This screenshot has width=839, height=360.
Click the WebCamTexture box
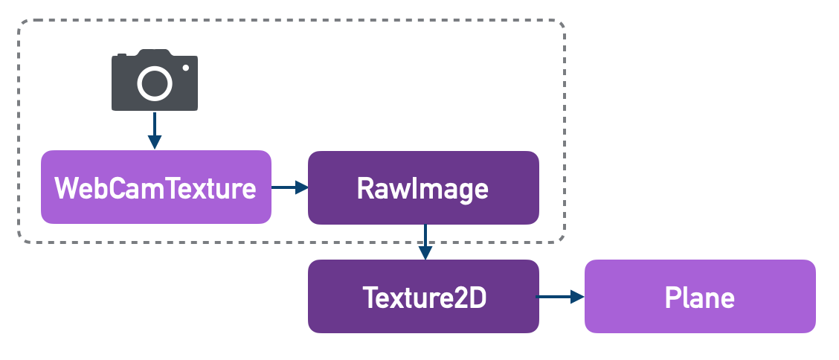(x=155, y=187)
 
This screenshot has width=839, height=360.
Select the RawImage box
(x=422, y=187)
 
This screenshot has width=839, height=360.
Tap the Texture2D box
(x=422, y=297)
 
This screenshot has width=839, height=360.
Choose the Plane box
(x=699, y=297)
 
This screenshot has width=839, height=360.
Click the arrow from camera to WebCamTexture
(x=154, y=130)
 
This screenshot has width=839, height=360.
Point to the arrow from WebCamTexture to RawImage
(x=289, y=187)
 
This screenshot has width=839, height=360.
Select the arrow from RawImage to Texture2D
(x=424, y=242)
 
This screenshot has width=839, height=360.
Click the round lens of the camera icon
(x=155, y=83)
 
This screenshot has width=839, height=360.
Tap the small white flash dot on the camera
(x=186, y=68)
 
